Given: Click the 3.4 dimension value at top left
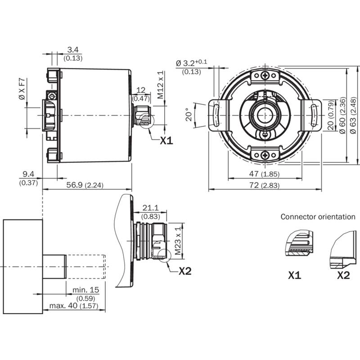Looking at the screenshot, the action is coord(73,49).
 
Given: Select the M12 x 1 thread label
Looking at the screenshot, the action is coord(161,85).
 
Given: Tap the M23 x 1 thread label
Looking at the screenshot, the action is coord(178,241).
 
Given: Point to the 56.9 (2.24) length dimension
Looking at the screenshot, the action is coord(85,185).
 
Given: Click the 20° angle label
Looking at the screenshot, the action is coord(189,115).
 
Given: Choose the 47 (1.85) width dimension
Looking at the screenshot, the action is coord(265,174).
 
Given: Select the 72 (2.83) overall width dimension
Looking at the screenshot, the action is coord(265,185).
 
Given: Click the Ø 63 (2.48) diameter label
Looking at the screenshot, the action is coord(353,115).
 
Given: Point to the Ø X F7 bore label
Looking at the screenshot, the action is coord(22,89).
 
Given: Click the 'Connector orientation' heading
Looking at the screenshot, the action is coord(318,217).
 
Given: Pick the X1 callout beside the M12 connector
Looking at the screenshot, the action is coord(166,140).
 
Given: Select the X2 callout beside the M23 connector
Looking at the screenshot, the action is coord(185,271).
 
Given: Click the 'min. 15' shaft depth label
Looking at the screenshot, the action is coord(85,290).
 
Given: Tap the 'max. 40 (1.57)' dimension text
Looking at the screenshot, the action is coord(74,306).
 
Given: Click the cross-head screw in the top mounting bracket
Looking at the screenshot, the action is coord(265,75).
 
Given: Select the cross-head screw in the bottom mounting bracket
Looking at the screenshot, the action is coord(265,155).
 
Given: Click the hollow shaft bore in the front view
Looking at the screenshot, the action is coord(265,115).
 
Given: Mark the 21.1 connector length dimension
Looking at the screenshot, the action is coord(150,208).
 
